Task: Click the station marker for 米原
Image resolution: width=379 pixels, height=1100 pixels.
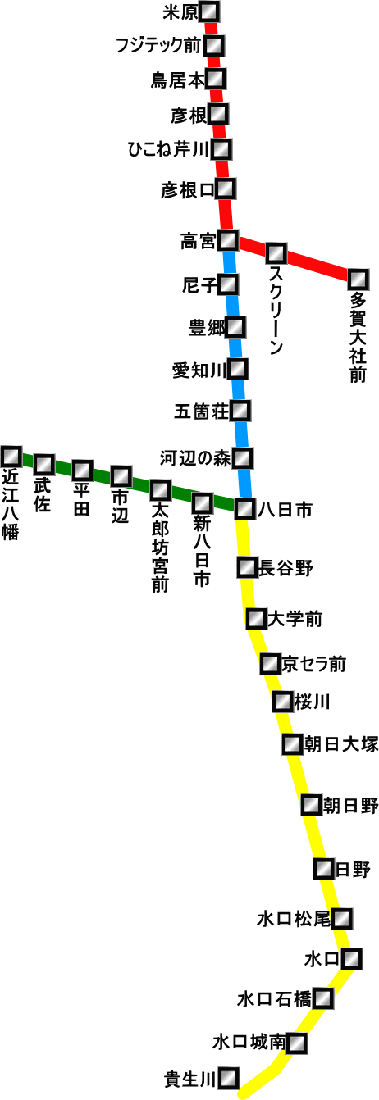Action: coord(210,11)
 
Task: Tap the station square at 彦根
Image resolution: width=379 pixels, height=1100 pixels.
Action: coord(218,114)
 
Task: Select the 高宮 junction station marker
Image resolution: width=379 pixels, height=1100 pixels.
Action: coord(229,240)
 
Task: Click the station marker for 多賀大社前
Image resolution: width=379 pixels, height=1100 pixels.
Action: coord(358,280)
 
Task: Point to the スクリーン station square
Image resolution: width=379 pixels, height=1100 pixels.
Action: coord(276,253)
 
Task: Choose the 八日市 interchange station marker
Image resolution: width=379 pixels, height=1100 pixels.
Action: coord(244,508)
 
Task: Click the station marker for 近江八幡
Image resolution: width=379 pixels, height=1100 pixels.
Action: coord(11,457)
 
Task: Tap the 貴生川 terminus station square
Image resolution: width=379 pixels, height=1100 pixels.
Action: coord(229,1078)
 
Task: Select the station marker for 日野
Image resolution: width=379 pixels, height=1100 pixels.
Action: coord(323,869)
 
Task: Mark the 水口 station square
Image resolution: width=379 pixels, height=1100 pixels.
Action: coord(352,958)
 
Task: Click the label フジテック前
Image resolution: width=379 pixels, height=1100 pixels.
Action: coord(158,45)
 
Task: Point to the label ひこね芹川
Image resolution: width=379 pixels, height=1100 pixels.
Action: coord(169,149)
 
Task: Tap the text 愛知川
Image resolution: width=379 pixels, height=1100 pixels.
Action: coord(199,370)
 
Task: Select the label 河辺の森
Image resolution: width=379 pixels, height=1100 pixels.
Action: coord(195,458)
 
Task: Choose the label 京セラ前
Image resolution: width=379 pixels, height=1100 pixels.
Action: coord(313,664)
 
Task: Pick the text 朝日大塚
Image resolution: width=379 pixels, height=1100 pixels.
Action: coord(341,744)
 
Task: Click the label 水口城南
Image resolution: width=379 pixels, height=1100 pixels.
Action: coord(249,1042)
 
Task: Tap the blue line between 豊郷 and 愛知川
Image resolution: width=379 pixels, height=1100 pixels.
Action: coord(237,348)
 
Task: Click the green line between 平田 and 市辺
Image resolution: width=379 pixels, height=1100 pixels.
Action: coord(102,473)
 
